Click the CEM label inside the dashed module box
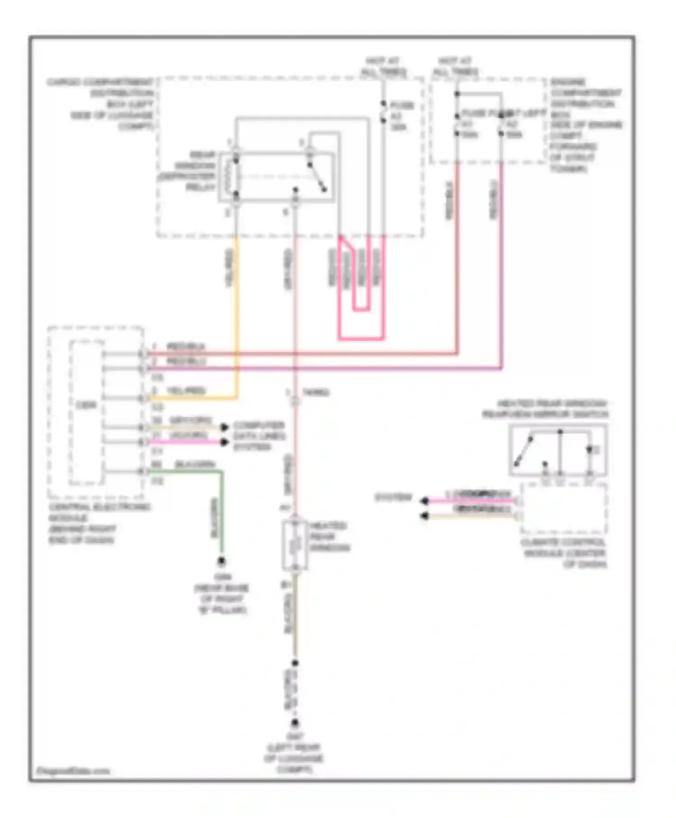86,405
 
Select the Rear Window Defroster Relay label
190,171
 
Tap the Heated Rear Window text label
329,537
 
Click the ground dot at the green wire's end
221,561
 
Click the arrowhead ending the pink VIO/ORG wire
224,442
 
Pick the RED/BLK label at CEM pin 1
186,346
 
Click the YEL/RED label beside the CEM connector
186,391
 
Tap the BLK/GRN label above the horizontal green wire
195,464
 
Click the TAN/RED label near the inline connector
315,392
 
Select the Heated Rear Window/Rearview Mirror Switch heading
545,409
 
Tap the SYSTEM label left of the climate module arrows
393,497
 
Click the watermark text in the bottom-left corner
73,771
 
